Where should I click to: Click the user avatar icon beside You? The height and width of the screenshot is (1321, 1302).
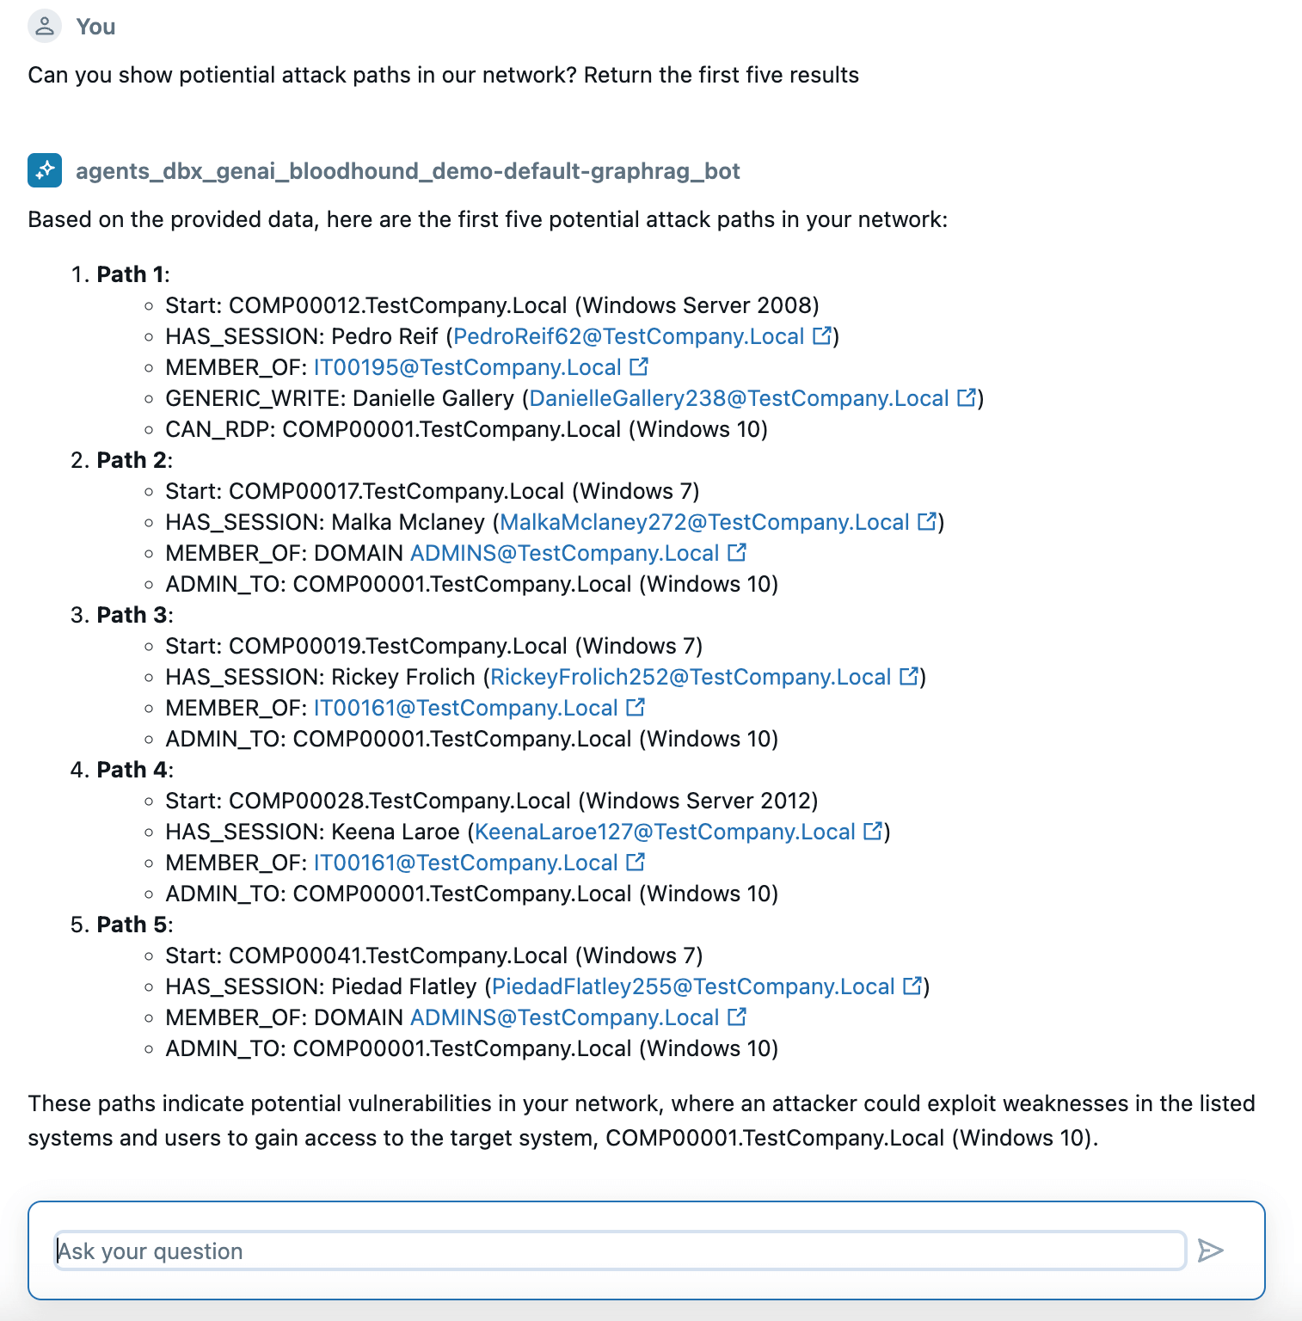pos(45,27)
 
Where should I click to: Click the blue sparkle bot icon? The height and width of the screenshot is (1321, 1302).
pos(45,170)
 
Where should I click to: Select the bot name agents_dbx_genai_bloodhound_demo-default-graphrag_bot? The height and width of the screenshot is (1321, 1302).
pos(408,171)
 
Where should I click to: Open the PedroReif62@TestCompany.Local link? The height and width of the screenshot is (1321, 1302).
pos(629,336)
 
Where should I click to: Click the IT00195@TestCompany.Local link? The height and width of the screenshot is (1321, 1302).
pos(467,367)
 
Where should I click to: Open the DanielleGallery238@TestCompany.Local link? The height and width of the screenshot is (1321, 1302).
pos(739,398)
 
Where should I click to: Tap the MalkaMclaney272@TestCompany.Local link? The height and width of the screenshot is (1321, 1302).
pos(704,522)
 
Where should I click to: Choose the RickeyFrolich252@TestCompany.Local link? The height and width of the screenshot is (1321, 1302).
pos(691,677)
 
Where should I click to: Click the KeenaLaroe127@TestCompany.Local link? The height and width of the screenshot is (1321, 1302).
pos(665,832)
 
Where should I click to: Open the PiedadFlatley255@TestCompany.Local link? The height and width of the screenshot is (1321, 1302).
pos(693,986)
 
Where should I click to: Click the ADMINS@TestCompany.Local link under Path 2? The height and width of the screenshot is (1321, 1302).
pos(564,553)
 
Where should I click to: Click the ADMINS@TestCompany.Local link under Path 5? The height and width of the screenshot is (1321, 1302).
pos(564,1017)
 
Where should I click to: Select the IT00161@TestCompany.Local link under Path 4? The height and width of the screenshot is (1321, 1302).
pos(465,863)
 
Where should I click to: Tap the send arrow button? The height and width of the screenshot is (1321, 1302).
pos(1210,1250)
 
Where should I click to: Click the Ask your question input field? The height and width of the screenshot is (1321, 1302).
pos(619,1250)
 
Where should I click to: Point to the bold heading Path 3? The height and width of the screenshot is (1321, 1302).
pos(132,615)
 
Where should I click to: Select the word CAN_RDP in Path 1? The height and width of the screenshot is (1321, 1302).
pos(219,429)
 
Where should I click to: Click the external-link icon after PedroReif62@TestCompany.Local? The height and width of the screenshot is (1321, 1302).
pos(823,335)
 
